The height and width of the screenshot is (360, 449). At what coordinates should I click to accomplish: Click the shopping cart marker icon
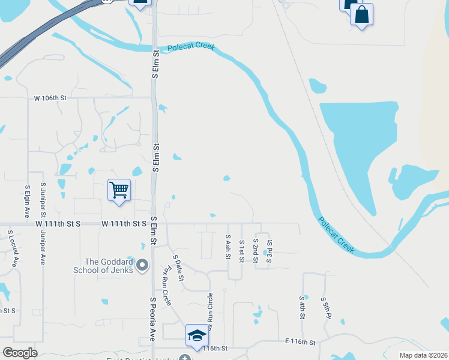(x=119, y=190)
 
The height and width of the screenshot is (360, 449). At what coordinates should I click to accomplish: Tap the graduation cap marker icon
(x=197, y=336)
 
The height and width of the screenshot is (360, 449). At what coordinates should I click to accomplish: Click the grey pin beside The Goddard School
(x=142, y=265)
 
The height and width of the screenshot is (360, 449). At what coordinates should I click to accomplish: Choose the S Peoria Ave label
(x=152, y=319)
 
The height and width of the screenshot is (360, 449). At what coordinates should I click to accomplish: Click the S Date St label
(x=178, y=268)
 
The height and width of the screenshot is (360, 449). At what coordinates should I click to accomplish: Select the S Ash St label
(x=228, y=247)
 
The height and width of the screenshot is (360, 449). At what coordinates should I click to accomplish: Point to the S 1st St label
(x=241, y=251)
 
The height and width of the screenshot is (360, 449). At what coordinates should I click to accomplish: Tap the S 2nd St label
(x=255, y=250)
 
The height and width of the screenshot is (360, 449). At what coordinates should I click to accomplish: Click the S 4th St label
(x=302, y=307)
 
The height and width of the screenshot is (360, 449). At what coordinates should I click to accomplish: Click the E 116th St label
(x=300, y=342)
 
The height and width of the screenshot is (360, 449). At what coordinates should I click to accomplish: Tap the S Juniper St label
(x=43, y=201)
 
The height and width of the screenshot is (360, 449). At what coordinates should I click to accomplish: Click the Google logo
(x=20, y=352)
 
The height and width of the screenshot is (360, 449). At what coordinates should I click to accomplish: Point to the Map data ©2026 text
(x=423, y=355)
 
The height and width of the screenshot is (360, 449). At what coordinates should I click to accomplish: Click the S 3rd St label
(x=270, y=247)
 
